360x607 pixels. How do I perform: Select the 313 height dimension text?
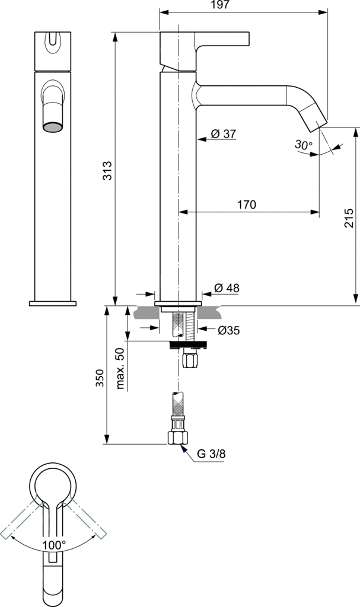pos(107,171)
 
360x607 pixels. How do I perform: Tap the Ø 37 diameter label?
pos(223,134)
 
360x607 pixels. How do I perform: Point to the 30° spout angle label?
pos(302,145)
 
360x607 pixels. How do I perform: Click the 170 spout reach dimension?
pos(247,205)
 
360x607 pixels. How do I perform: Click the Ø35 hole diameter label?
pos(228,330)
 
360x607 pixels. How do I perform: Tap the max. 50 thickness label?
pos(120,368)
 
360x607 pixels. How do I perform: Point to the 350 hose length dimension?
pos(99,378)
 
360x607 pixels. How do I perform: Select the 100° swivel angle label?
pos(53,544)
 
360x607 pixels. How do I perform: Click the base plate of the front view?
pos(53,303)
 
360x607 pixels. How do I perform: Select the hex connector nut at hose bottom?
pos(178,437)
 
